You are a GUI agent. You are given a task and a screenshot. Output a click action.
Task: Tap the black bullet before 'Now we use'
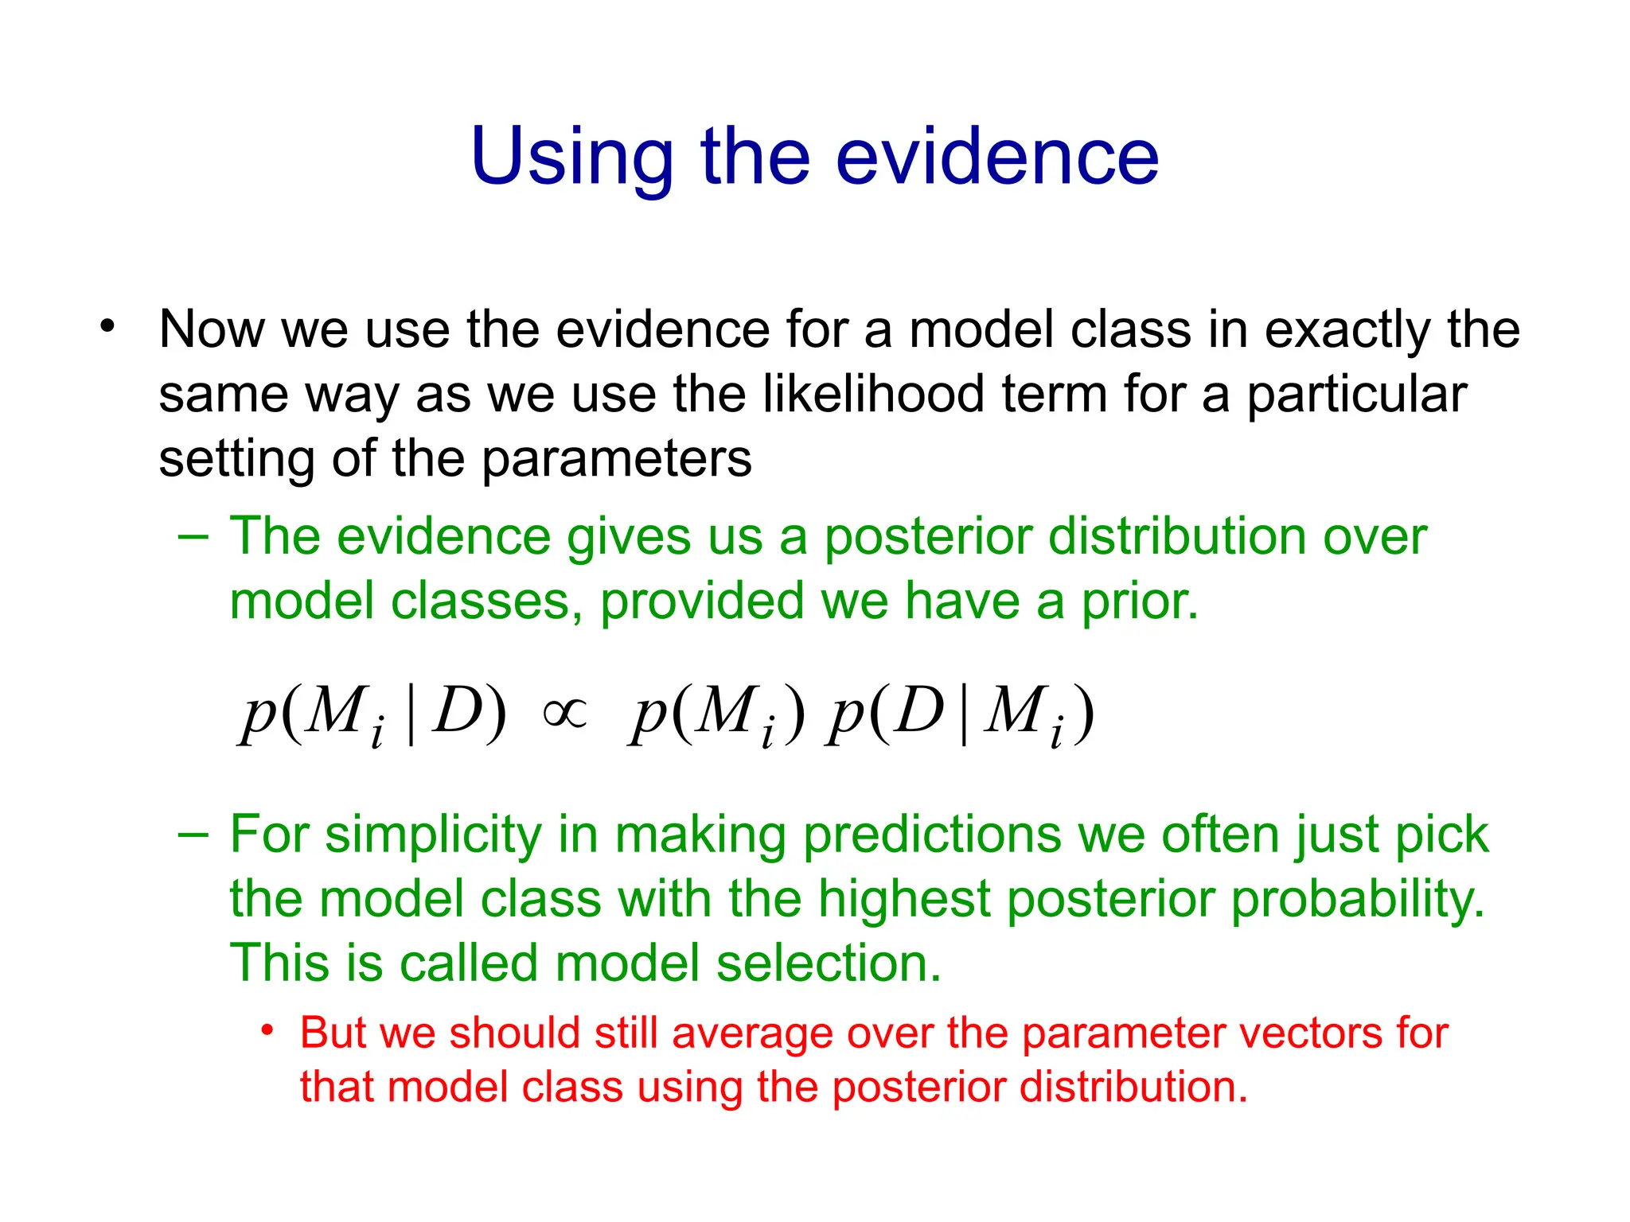107,326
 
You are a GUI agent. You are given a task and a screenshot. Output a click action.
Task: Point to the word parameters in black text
616,460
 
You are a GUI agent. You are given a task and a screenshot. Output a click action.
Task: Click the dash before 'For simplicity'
193,835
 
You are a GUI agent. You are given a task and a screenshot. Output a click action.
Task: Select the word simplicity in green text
433,836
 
